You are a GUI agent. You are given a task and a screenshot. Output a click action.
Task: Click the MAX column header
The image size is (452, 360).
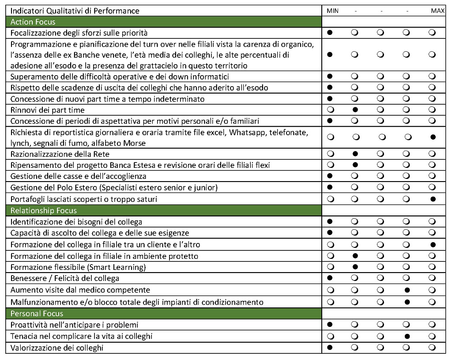coord(437,11)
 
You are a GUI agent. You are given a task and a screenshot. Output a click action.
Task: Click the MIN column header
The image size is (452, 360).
coord(333,11)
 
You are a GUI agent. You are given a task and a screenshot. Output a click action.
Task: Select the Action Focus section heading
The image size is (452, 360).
coord(33,22)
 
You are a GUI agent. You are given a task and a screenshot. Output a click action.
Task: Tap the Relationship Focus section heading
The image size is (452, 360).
coord(44,211)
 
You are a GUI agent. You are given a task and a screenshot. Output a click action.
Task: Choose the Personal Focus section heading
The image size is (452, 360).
coord(37,314)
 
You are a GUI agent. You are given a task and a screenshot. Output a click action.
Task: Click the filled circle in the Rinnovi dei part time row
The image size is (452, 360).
coord(355,110)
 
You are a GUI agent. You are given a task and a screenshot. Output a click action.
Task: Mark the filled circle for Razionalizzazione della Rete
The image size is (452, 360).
coord(355,154)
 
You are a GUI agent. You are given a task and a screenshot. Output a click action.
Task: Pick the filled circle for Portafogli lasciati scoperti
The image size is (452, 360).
coord(433,199)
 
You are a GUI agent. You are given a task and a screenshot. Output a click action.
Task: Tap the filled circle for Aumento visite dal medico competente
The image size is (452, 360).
coord(407,290)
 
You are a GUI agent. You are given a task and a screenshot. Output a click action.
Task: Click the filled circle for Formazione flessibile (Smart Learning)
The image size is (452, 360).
coord(355,267)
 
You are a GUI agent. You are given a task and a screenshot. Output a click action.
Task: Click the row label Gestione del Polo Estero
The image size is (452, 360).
coord(114,188)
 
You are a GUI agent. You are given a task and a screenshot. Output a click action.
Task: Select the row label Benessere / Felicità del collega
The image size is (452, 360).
coord(65,278)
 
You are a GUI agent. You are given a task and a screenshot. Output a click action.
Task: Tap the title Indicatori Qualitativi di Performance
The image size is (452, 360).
coord(75,11)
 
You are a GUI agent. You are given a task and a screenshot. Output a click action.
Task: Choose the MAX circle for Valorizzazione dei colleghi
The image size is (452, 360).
coord(433,348)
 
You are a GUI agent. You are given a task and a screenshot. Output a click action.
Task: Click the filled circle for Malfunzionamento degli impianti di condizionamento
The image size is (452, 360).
coord(407,302)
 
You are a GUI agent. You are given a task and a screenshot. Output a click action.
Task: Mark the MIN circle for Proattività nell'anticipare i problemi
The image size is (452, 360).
coord(330,325)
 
